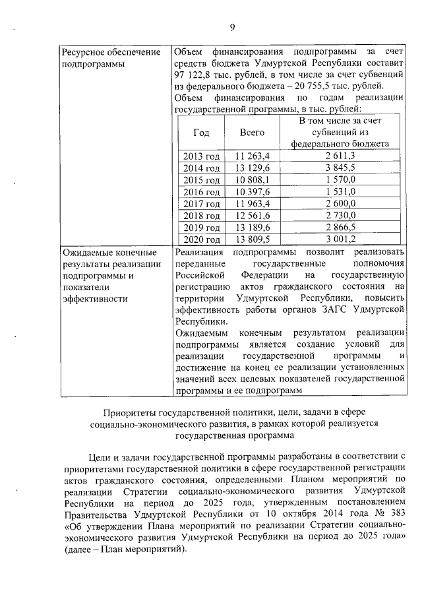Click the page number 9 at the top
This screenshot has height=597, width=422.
[x=232, y=27]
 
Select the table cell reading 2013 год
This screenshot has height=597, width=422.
[x=201, y=156]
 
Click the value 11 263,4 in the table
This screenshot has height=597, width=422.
[x=253, y=156]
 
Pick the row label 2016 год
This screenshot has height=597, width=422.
[x=201, y=191]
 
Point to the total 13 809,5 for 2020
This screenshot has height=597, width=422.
[x=253, y=239]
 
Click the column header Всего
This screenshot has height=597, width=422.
[x=252, y=133]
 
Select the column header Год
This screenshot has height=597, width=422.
[x=201, y=133]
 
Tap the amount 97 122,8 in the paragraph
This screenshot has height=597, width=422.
[x=196, y=75]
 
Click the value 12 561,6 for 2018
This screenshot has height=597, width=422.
[x=253, y=215]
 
